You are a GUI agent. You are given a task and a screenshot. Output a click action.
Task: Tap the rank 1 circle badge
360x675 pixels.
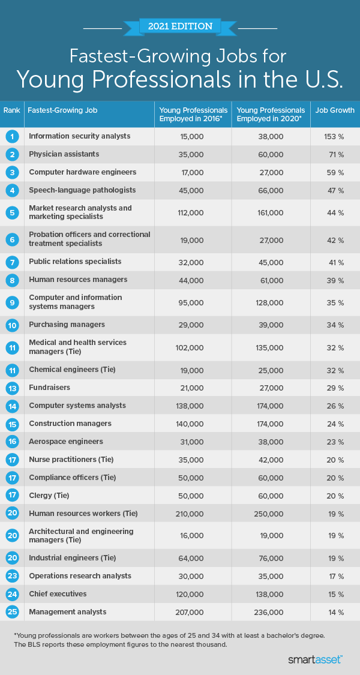(12, 136)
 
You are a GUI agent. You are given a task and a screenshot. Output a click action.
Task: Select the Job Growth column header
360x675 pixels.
(335, 110)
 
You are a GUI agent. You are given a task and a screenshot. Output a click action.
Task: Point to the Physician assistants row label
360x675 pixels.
(64, 154)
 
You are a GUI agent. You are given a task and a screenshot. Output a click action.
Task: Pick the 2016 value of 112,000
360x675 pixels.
(192, 212)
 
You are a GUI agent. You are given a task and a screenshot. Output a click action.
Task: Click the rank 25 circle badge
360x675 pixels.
(12, 612)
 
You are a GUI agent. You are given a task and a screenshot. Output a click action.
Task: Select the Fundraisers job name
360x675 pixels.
(49, 388)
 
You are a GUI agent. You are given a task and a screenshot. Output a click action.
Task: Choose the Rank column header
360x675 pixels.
(11, 110)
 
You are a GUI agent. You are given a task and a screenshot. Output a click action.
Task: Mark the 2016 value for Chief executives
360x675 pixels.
(192, 594)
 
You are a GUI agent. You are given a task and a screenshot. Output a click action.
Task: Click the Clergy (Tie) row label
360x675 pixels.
(49, 496)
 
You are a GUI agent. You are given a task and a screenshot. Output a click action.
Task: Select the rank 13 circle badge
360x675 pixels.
(12, 388)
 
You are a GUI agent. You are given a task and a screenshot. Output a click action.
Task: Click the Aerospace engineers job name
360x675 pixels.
(65, 442)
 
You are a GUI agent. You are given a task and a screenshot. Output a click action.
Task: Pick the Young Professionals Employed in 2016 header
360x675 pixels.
(193, 114)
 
